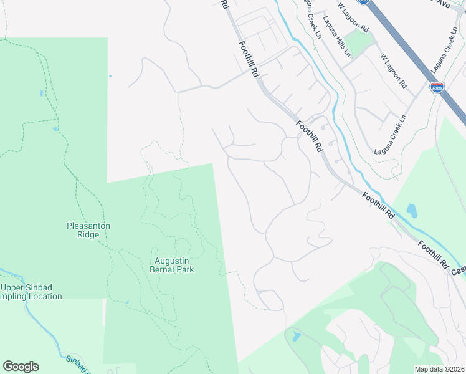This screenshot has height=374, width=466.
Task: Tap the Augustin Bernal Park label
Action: (172, 265)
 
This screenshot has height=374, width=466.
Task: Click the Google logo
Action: (21, 367)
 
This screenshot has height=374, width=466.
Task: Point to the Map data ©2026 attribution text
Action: (440, 369)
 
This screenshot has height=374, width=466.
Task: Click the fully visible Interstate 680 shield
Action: (437, 88)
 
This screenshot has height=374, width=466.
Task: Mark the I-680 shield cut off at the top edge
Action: (369, 2)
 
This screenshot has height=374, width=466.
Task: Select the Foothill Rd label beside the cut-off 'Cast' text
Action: (434, 256)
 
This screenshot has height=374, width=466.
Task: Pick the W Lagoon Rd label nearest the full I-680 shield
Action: (394, 70)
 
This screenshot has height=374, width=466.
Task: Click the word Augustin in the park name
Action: (172, 261)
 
